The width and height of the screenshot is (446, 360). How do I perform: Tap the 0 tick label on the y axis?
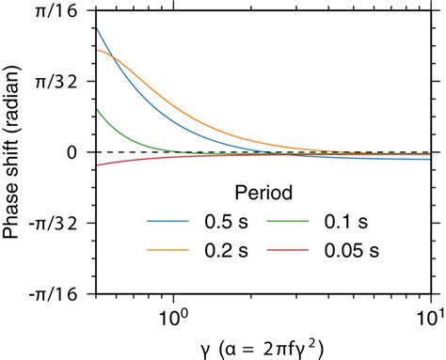72,152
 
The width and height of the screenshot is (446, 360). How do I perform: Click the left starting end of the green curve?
97,108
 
